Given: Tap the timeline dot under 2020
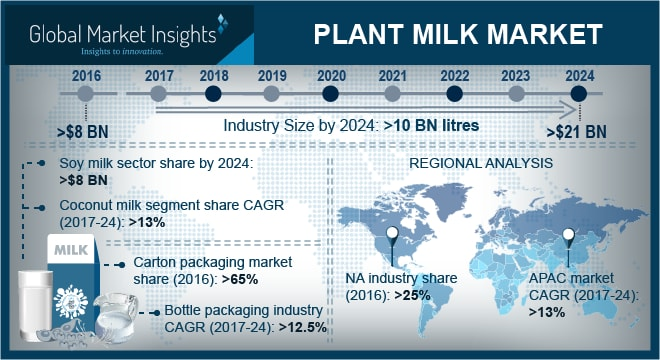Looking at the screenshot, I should [x=332, y=94].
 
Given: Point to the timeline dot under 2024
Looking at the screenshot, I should [x=577, y=94].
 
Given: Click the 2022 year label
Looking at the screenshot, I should [x=454, y=75].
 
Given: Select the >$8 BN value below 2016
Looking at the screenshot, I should [x=84, y=131].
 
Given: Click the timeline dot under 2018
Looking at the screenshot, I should [x=212, y=94].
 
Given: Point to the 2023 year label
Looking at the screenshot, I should [x=516, y=75].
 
